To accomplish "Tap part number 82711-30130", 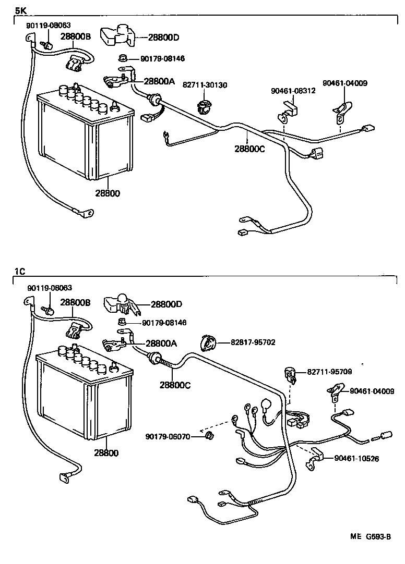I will pyautogui.click(x=205, y=84).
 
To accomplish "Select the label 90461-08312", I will pyautogui.click(x=293, y=91).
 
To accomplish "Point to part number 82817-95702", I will pyautogui.click(x=253, y=342).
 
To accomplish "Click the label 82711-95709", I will pyautogui.click(x=329, y=372).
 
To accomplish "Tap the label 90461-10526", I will pyautogui.click(x=356, y=458).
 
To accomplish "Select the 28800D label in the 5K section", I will pyautogui.click(x=163, y=37).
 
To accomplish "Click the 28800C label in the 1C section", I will pyautogui.click(x=175, y=385).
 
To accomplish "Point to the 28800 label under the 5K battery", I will pyautogui.click(x=107, y=193).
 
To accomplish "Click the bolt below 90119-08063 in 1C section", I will pyautogui.click(x=49, y=310).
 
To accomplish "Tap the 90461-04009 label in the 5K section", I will pyautogui.click(x=344, y=82).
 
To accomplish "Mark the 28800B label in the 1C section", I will pyautogui.click(x=75, y=302).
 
